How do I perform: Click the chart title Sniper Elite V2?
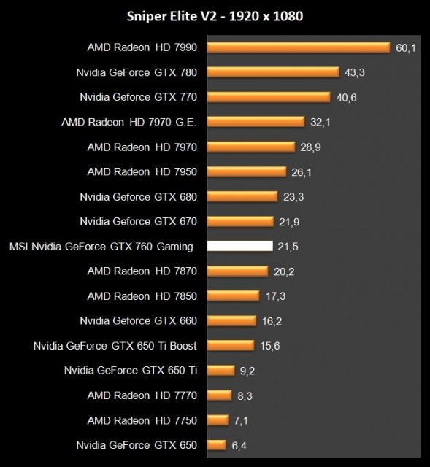(215, 16)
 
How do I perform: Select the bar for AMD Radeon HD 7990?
(298, 47)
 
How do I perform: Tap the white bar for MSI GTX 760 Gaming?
(239, 246)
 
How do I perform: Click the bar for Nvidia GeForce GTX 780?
(273, 72)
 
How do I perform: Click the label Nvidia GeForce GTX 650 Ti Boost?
(115, 346)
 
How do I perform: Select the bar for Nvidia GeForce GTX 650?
(217, 444)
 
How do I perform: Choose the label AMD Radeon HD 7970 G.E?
(129, 122)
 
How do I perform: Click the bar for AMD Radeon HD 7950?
(246, 171)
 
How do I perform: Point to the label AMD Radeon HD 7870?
(142, 271)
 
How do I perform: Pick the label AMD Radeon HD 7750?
(142, 420)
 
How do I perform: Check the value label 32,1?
(320, 122)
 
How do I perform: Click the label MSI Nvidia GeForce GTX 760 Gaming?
(101, 247)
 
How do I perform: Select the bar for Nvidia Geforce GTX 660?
(231, 320)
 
